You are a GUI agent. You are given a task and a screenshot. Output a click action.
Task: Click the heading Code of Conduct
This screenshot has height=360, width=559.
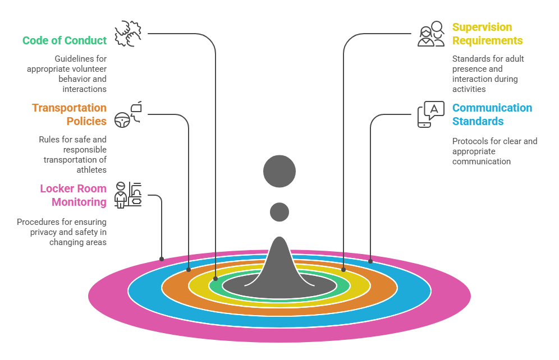(x=64, y=40)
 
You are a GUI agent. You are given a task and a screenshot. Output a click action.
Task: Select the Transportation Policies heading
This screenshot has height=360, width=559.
(x=69, y=114)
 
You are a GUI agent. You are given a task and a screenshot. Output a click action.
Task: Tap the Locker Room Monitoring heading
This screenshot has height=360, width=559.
(x=73, y=195)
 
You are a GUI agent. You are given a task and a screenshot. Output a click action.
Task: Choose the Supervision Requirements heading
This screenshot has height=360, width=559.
(x=487, y=34)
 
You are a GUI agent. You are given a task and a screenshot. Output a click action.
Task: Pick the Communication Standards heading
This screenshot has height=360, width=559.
(x=492, y=114)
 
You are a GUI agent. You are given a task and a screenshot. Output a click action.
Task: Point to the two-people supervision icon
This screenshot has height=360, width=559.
(x=430, y=34)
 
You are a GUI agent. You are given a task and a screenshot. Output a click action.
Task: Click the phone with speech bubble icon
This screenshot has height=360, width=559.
(x=430, y=114)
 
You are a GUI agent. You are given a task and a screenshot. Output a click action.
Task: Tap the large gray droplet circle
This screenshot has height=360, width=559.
(x=279, y=171)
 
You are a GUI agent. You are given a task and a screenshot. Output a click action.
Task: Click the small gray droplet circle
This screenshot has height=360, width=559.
(x=279, y=212)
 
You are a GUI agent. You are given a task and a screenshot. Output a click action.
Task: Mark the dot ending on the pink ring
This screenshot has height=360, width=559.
(x=162, y=259)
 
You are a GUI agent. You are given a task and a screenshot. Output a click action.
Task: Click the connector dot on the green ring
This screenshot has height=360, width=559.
(x=216, y=278)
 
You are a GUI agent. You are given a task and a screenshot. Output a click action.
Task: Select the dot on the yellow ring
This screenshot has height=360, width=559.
(x=343, y=269)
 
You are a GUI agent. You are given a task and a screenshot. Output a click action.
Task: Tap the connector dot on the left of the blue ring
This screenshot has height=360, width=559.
(x=189, y=269)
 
